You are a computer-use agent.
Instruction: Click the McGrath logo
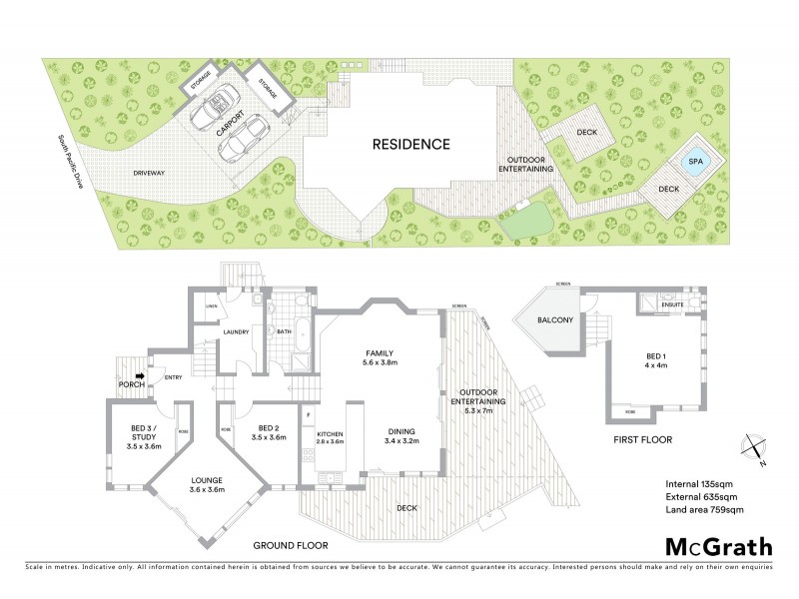click(x=717, y=547)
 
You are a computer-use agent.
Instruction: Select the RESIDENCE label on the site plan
click(x=411, y=144)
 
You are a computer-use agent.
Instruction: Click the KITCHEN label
click(x=331, y=436)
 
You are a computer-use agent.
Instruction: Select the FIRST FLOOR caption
click(x=642, y=439)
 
